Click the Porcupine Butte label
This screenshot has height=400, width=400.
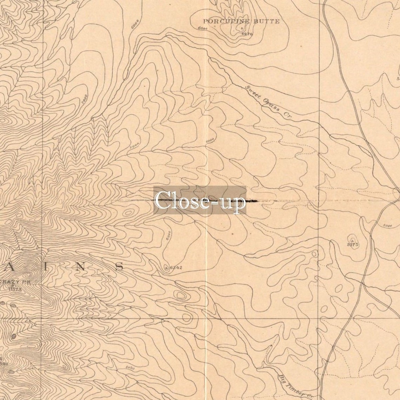(x=241, y=21)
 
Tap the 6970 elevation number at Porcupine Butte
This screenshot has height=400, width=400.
(x=247, y=34)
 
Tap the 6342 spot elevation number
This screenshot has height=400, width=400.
(x=176, y=268)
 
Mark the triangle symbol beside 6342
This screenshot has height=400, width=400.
(x=166, y=268)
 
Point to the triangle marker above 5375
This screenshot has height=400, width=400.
(x=352, y=240)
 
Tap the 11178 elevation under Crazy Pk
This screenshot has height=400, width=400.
(x=15, y=289)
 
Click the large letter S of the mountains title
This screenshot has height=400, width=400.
(x=119, y=267)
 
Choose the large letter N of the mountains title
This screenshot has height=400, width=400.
(x=80, y=267)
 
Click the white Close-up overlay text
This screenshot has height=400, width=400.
(x=200, y=201)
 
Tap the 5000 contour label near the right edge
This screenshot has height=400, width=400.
(x=388, y=226)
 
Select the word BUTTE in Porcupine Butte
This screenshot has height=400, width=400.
(x=267, y=21)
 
